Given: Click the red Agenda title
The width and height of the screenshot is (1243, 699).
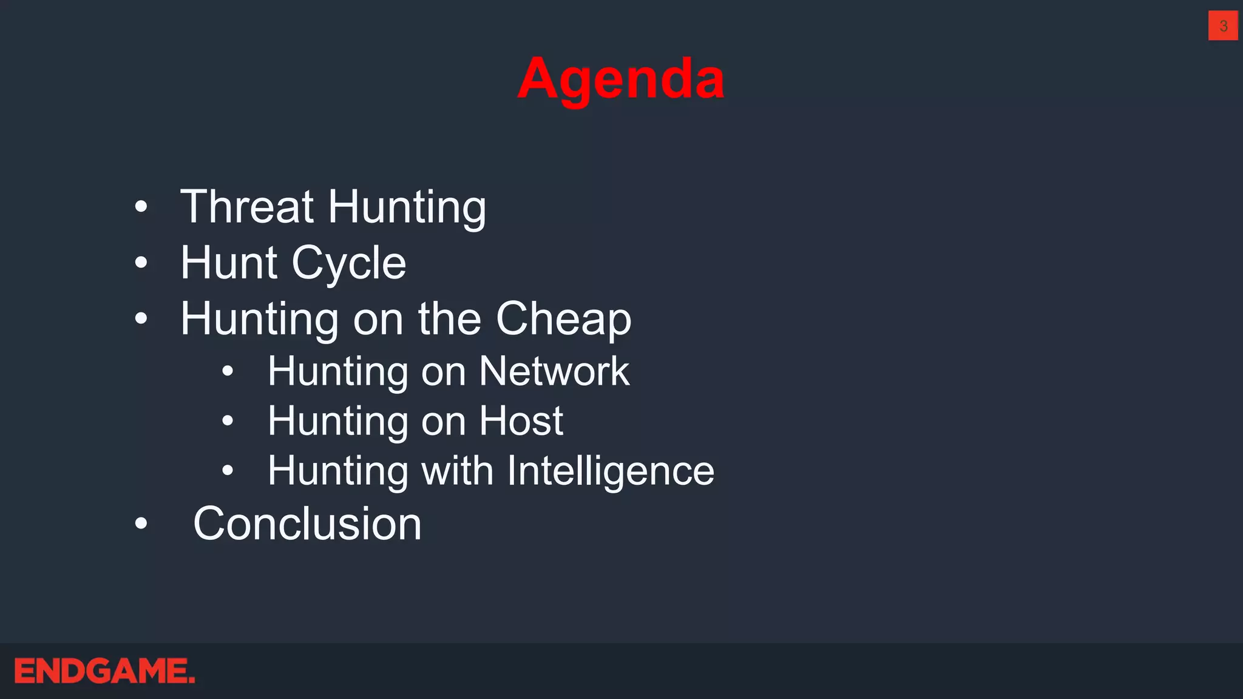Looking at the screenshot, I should (621, 79).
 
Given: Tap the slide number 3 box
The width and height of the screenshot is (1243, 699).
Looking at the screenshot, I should (1223, 25).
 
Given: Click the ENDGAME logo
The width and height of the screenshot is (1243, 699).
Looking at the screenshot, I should (104, 671).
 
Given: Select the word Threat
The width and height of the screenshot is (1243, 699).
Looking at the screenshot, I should (247, 207).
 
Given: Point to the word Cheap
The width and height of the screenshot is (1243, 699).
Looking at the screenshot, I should (563, 319).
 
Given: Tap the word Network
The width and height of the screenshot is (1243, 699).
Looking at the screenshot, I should (554, 371).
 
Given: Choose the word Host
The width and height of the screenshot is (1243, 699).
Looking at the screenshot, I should (521, 421).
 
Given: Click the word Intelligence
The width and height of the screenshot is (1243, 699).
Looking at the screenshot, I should (611, 471).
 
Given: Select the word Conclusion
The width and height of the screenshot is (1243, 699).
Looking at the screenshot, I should (307, 524).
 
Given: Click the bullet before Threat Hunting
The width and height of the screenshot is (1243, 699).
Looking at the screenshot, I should (141, 207).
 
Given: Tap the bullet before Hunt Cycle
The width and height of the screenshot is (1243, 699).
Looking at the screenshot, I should (141, 263).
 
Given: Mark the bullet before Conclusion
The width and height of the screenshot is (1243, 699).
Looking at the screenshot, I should (141, 523).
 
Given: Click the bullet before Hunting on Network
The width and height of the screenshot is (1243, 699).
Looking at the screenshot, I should (228, 371).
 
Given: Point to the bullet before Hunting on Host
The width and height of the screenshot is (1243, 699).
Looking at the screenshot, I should (228, 420).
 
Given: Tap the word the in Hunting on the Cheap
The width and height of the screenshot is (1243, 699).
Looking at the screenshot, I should (449, 319).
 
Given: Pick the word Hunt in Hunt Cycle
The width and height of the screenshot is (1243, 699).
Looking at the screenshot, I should (229, 263).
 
